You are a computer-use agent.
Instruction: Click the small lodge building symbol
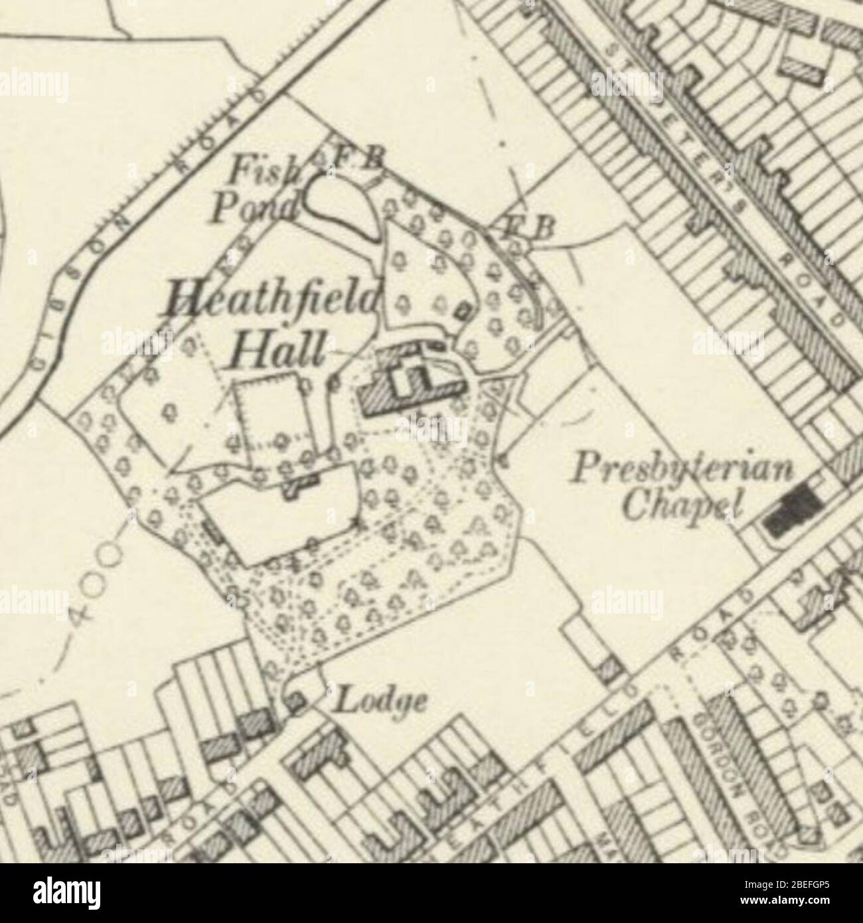point(295,700)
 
